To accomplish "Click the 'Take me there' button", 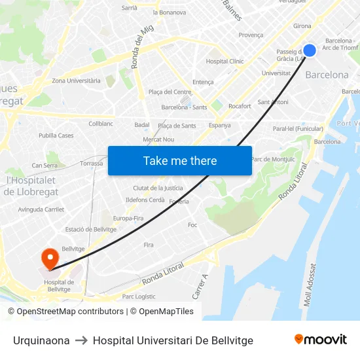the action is point(180,160).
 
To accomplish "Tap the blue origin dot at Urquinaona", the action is point(310,50).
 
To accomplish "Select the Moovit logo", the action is point(320,339).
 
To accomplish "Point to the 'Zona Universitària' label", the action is point(76,81).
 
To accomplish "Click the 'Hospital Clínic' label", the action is point(225,62).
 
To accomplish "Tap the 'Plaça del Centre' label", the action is point(170,92).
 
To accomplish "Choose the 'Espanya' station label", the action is point(219,125).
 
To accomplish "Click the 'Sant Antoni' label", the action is point(272,102).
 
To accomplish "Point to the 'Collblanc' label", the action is point(101,123).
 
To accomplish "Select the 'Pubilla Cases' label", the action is point(56,135).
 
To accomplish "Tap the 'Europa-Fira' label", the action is point(128,218).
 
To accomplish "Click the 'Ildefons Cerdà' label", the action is point(145,200).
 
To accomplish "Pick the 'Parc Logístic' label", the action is point(138,297).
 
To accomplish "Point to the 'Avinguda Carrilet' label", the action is point(41,209).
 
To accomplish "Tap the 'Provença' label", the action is point(251,35).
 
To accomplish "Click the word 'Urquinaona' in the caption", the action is point(41,340).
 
